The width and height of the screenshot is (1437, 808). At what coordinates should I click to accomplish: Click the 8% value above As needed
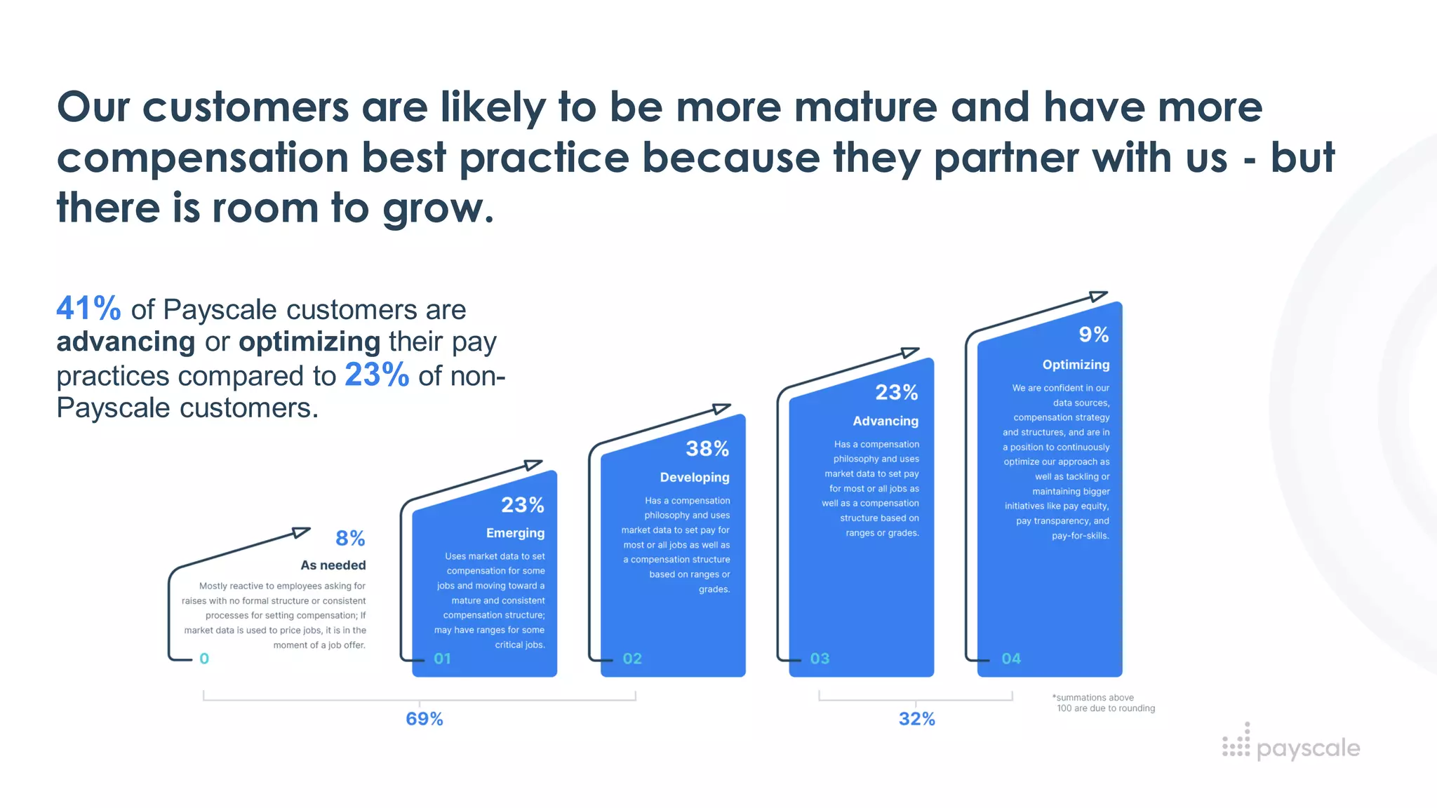[x=350, y=539]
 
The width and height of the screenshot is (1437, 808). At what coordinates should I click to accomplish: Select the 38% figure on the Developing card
[x=707, y=449]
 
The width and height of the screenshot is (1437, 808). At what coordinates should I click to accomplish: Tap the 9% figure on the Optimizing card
[x=1094, y=335]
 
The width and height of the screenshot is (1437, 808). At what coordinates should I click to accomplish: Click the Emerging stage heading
[x=515, y=533]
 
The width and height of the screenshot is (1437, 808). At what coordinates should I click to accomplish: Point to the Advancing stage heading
[x=885, y=421]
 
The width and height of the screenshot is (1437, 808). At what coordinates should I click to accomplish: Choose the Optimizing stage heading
[x=1076, y=365]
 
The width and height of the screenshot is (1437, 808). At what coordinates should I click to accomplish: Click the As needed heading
[x=333, y=565]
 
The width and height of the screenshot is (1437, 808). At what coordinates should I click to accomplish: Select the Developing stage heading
[x=695, y=478]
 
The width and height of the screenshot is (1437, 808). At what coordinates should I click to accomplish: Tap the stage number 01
[x=442, y=659]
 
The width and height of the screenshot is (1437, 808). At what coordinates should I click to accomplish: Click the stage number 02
[x=632, y=659]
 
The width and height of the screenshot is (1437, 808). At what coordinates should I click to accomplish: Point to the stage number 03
[x=820, y=659]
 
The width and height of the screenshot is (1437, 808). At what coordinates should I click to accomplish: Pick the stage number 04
[x=1011, y=659]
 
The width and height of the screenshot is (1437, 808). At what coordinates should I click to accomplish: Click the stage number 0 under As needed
[x=204, y=659]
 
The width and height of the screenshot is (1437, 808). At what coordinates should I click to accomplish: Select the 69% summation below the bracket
[x=425, y=719]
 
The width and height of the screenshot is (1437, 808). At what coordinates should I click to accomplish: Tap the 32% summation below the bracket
[x=917, y=719]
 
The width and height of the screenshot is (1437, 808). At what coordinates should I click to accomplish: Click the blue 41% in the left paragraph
[x=88, y=309]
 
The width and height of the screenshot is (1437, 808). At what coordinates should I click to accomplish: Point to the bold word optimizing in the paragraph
[x=309, y=342]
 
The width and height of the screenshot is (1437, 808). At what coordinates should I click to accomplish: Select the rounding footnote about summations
[x=1104, y=703]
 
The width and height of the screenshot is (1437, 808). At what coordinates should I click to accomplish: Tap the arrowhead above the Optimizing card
[x=1097, y=296]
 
